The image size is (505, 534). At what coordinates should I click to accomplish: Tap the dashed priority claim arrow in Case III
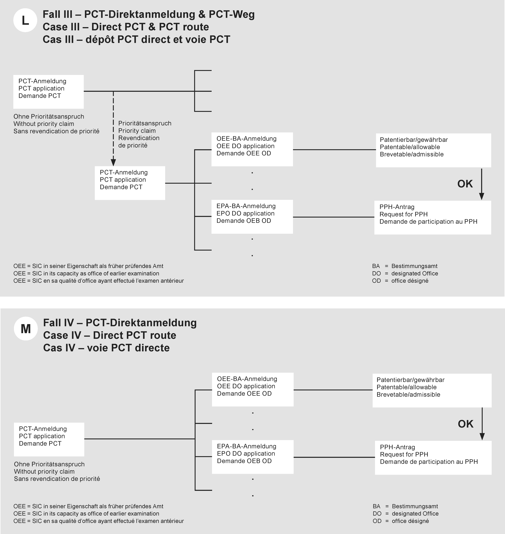coord(113,129)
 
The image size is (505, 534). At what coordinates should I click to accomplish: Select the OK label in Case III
coord(465,184)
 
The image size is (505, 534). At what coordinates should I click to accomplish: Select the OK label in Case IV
coord(465,424)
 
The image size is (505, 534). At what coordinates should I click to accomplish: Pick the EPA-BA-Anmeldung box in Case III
coord(252,217)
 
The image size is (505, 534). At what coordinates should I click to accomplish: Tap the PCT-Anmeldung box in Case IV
coord(49,439)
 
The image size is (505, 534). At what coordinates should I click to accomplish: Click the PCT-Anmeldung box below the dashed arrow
coord(130,183)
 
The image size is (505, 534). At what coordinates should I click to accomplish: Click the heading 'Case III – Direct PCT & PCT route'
coord(126,27)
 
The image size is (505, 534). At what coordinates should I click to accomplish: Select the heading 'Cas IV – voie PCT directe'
coord(106,348)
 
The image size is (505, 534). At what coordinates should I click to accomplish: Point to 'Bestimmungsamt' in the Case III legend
coord(414,266)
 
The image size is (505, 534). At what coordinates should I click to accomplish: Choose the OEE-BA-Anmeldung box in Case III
coord(252,149)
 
